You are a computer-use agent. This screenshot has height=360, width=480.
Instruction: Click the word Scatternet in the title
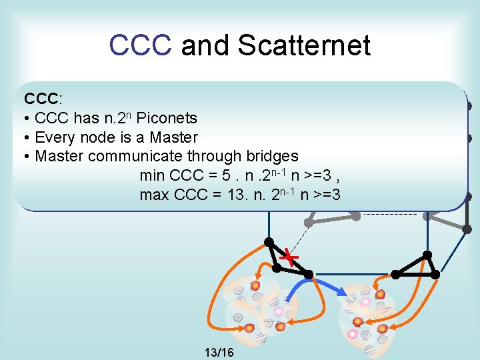tap(304, 45)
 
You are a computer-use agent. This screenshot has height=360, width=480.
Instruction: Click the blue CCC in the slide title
tap(141, 45)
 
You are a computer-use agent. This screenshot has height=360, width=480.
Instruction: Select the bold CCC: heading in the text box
tap(43, 99)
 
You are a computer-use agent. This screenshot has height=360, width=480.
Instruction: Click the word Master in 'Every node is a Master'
tap(175, 137)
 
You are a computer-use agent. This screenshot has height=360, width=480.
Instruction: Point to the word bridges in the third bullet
tap(271, 156)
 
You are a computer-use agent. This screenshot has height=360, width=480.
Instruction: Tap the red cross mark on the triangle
tap(289, 256)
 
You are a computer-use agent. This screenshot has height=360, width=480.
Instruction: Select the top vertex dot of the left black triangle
tap(269, 241)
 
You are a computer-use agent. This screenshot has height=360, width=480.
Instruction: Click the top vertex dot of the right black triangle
tap(427, 255)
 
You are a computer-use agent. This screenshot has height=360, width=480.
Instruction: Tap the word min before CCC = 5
tap(153, 175)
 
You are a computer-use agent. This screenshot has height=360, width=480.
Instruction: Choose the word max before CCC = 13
tap(155, 195)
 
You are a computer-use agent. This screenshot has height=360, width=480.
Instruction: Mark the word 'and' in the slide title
tap(206, 45)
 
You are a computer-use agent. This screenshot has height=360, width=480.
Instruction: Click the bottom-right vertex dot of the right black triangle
tap(437, 274)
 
